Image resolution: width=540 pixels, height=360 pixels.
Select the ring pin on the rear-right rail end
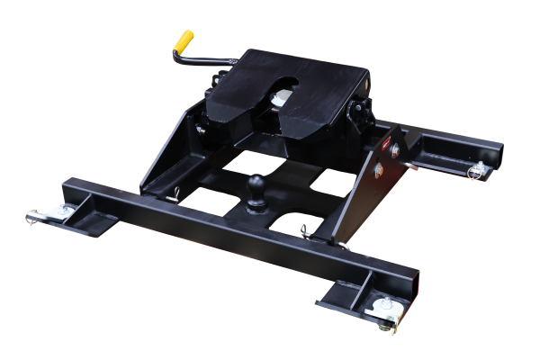point(479,176)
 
